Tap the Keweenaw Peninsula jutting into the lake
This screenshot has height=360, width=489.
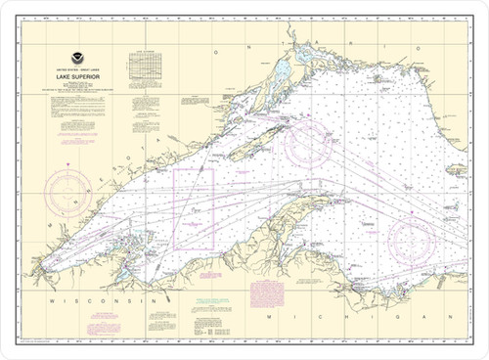pyautogui.click(x=293, y=201)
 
